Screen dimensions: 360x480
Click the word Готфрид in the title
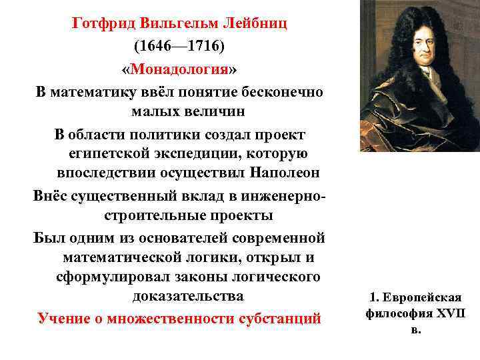105,24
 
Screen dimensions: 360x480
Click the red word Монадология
179,70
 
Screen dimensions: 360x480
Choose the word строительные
157,216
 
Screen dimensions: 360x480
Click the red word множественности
169,318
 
